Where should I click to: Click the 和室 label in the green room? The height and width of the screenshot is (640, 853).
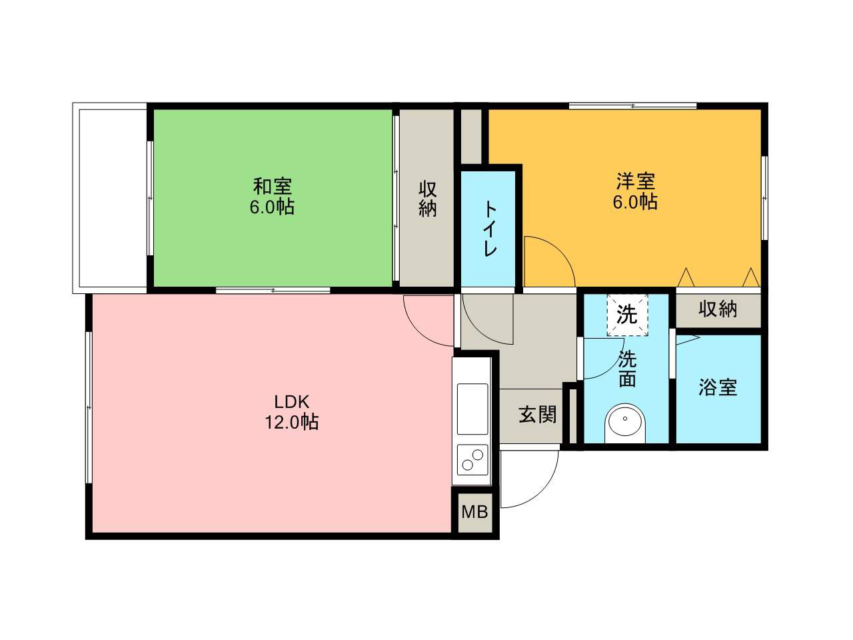pyautogui.click(x=272, y=187)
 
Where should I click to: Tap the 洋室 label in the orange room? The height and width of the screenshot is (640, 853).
pyautogui.click(x=636, y=181)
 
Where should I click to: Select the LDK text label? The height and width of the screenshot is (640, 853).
pyautogui.click(x=291, y=402)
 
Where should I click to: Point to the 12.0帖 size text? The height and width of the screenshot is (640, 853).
pyautogui.click(x=291, y=422)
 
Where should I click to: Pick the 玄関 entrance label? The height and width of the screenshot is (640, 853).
pyautogui.click(x=537, y=415)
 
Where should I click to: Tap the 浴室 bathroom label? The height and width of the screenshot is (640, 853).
pyautogui.click(x=718, y=387)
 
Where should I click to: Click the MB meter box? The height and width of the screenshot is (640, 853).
pyautogui.click(x=475, y=512)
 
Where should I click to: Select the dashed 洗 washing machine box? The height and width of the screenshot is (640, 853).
pyautogui.click(x=627, y=315)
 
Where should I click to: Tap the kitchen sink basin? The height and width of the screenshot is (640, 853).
pyautogui.click(x=472, y=409)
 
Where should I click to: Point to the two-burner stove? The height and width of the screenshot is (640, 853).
pyautogui.click(x=472, y=460)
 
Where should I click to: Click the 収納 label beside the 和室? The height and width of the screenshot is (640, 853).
pyautogui.click(x=427, y=199)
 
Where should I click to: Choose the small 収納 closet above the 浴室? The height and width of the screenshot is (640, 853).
pyautogui.click(x=718, y=310)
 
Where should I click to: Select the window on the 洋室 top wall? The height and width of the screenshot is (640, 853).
pyautogui.click(x=632, y=106)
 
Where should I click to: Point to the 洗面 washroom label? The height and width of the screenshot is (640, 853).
pyautogui.click(x=627, y=369)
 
